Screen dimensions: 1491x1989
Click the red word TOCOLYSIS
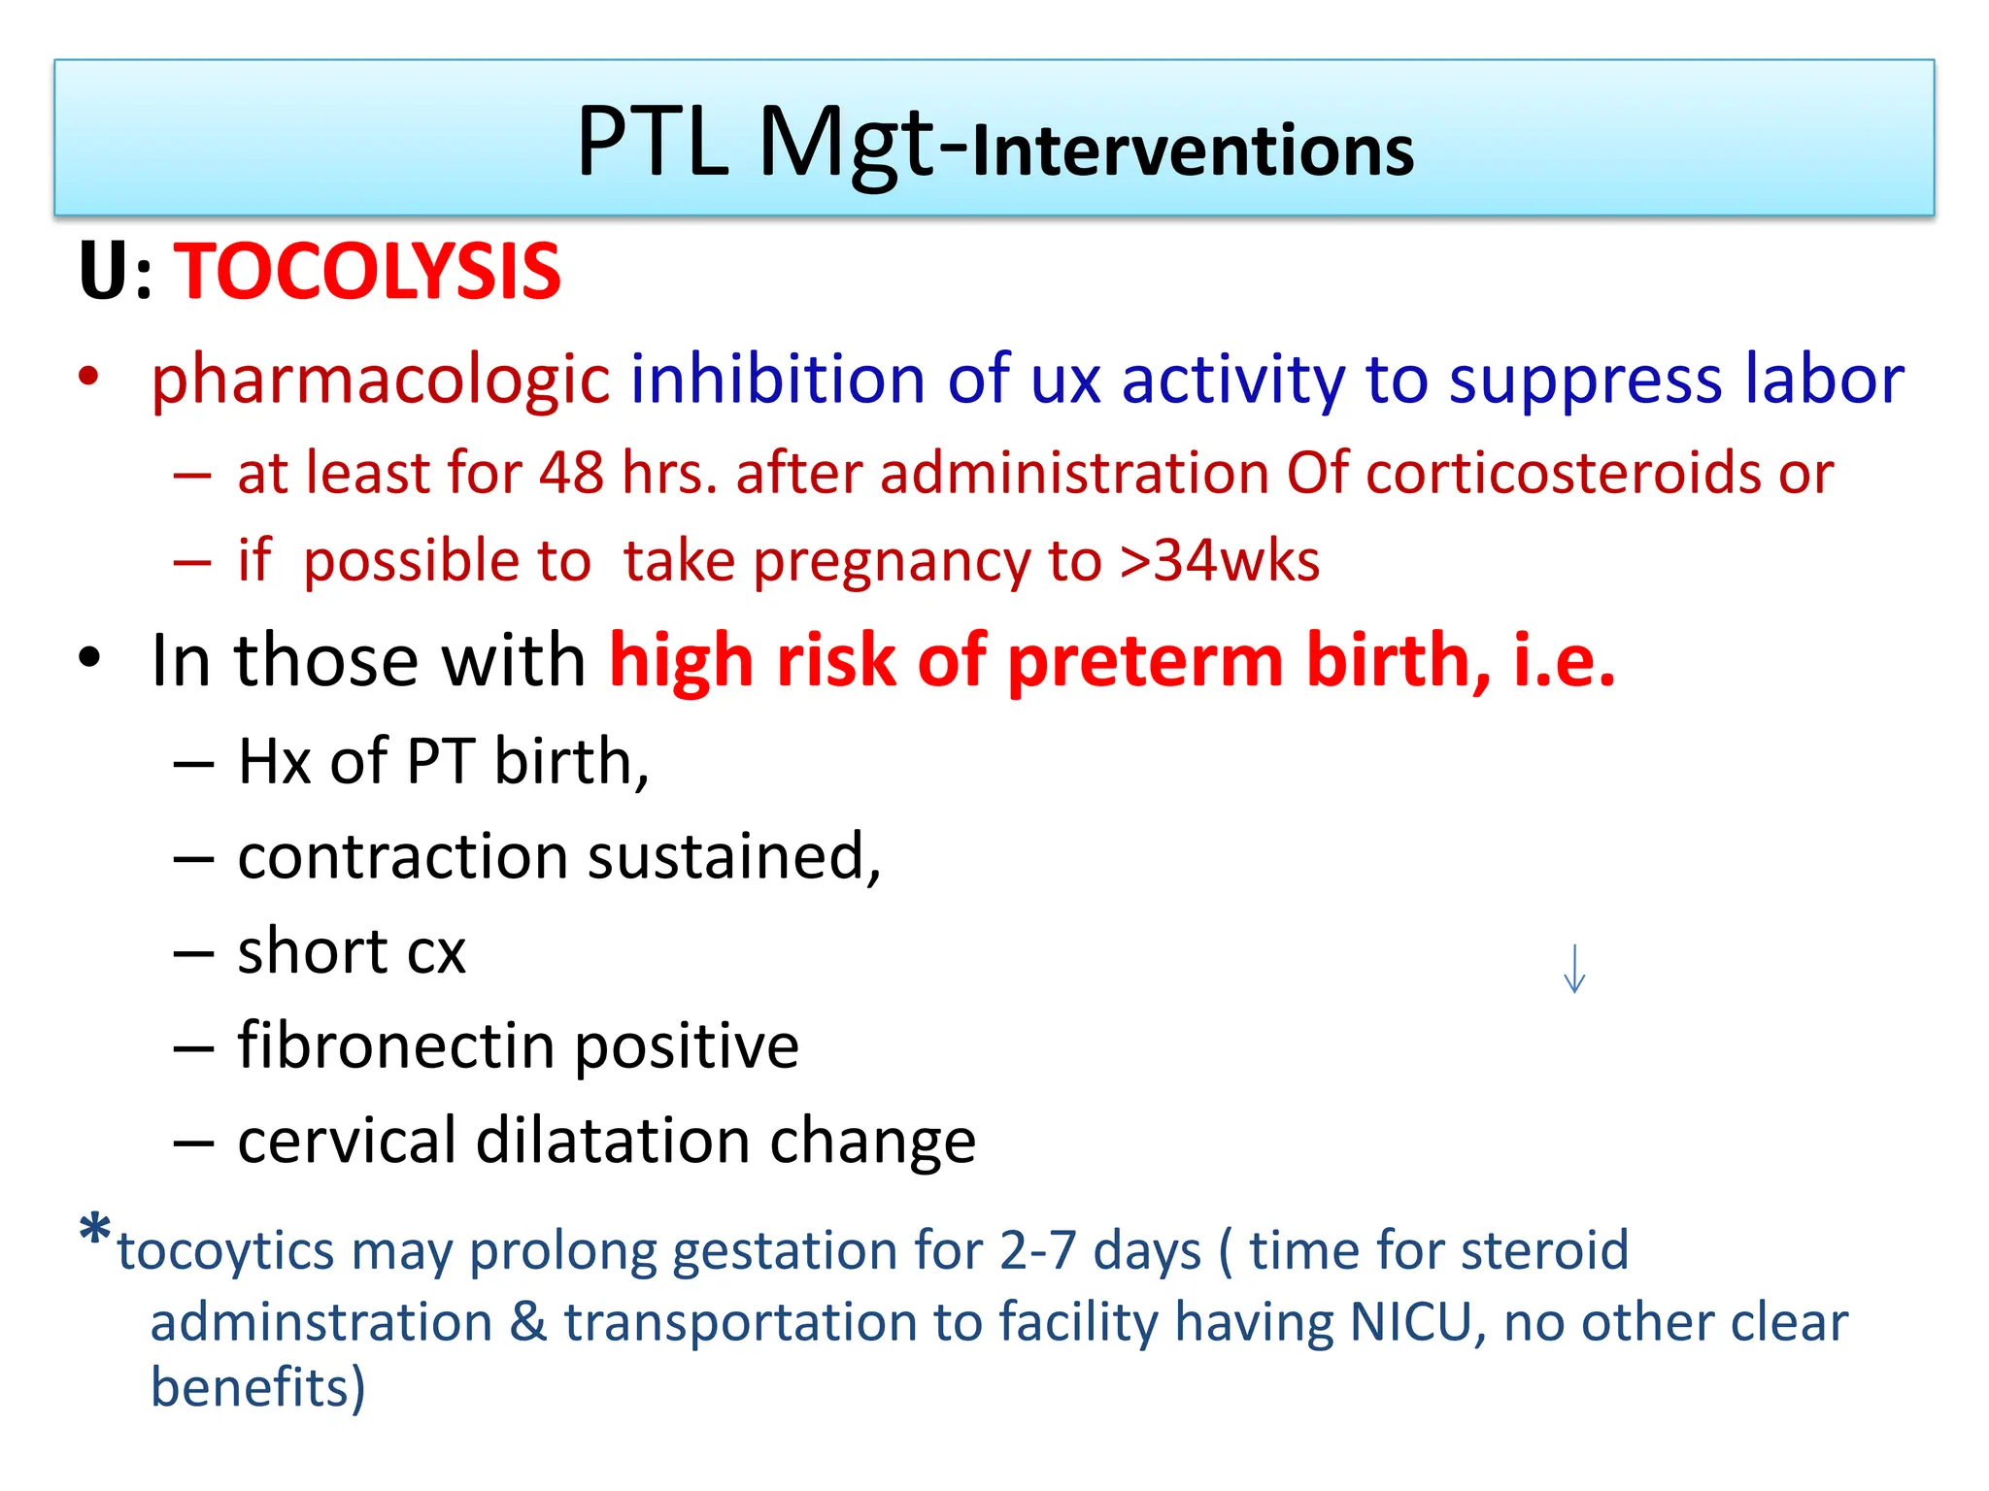tap(367, 272)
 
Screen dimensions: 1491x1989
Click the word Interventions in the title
tap(1193, 151)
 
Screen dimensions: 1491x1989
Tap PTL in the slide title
tap(652, 143)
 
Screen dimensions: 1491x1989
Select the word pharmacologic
tap(380, 380)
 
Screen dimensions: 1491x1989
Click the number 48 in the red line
tap(571, 474)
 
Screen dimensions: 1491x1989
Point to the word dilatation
tap(612, 1141)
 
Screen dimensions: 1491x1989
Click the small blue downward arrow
tap(1574, 970)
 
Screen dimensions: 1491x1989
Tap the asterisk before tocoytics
tap(95, 1231)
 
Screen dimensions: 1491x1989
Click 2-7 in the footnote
tap(1037, 1250)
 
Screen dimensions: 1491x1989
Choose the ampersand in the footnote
tap(528, 1322)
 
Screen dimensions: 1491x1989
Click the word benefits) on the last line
tap(257, 1386)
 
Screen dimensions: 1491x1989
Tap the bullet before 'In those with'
tap(89, 658)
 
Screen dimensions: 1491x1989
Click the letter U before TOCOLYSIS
tap(104, 272)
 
